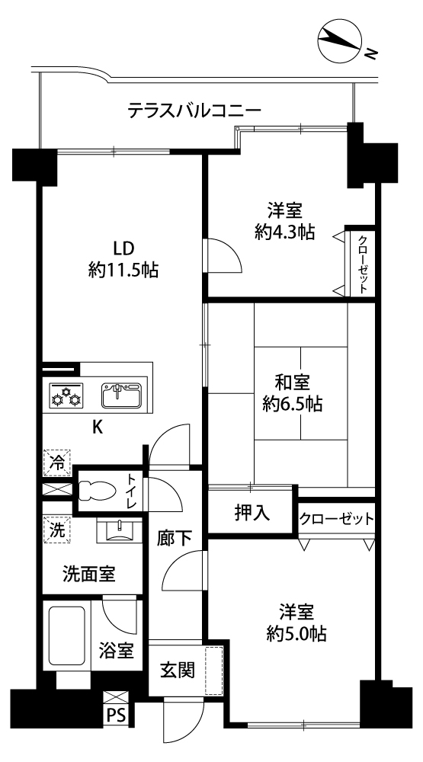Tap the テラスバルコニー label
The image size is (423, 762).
click(x=194, y=110)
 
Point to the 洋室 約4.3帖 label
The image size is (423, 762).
click(x=284, y=221)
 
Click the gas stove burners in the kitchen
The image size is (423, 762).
click(x=66, y=394)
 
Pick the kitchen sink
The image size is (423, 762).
click(x=122, y=395)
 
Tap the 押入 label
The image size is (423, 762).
click(x=252, y=513)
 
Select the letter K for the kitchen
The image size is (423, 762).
click(x=98, y=427)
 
